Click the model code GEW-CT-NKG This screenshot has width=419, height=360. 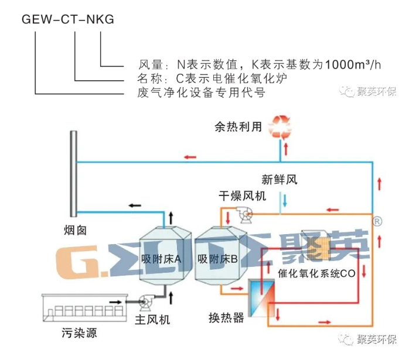(67, 19)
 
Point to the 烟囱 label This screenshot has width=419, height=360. (76, 230)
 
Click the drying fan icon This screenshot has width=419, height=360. (244, 215)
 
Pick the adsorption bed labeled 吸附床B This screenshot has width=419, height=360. (217, 257)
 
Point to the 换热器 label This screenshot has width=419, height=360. (226, 318)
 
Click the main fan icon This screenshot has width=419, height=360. (144, 302)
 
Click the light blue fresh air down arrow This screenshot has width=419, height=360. (285, 201)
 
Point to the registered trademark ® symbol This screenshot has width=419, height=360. (378, 221)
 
